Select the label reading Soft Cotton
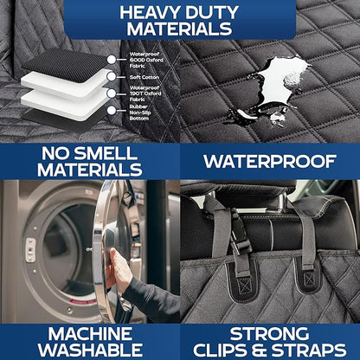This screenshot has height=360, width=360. point(145,76)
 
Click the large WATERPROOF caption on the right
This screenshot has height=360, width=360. point(269,161)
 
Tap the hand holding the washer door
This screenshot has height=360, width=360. point(121,272)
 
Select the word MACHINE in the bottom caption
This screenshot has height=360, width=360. point(89,333)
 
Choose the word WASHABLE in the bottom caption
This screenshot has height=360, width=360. point(89,350)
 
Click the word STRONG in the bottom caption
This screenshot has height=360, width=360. point(270,333)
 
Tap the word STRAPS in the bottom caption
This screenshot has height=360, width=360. point(309,350)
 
